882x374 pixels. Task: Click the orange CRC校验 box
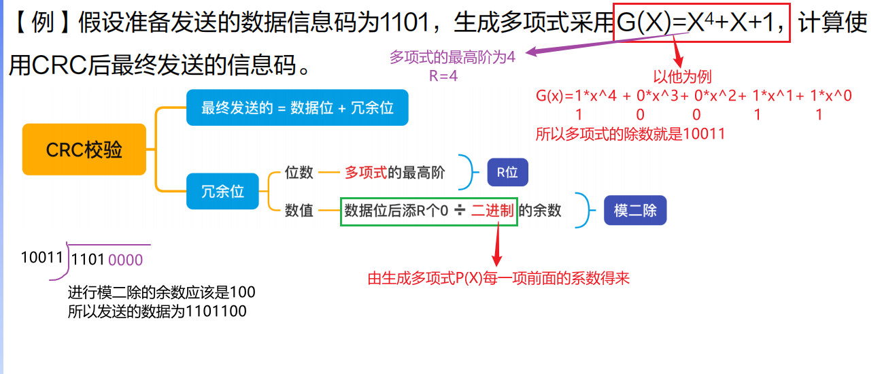click(84, 150)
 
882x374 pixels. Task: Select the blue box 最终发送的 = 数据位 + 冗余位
click(297, 107)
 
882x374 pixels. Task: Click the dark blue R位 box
click(507, 173)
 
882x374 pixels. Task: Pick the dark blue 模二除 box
click(635, 211)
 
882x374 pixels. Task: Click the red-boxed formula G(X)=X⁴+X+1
click(702, 24)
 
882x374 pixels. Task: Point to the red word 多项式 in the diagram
click(366, 173)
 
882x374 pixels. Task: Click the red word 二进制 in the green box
click(493, 211)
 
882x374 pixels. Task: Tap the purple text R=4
click(443, 75)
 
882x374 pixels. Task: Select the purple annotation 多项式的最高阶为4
click(452, 58)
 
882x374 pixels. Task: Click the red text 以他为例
click(682, 77)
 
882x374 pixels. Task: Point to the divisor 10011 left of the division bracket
click(41, 258)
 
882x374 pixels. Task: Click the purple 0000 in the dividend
click(125, 259)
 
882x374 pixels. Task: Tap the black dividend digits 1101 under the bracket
click(88, 259)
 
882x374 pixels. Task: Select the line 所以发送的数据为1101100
click(157, 312)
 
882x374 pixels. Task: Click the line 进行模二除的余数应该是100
click(162, 293)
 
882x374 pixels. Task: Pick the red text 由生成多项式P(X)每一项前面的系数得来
click(498, 278)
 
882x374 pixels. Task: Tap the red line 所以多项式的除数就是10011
click(630, 134)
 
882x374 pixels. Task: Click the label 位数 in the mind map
click(299, 173)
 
